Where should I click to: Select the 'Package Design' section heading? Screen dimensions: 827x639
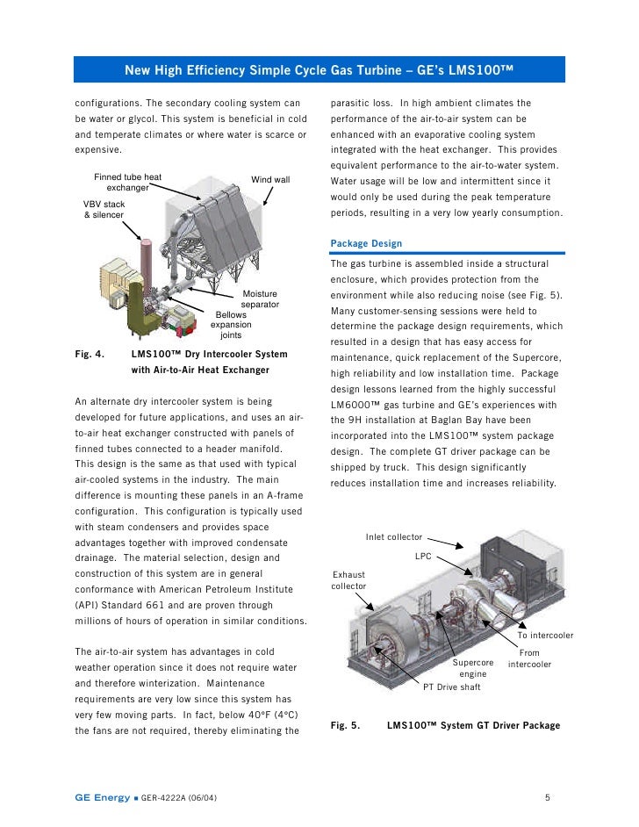click(365, 243)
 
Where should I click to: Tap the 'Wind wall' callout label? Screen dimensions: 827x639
click(270, 180)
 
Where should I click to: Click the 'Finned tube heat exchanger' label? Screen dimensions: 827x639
click(128, 183)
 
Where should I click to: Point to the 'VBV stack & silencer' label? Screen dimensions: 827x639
click(104, 209)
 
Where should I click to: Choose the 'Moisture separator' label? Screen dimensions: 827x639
click(260, 299)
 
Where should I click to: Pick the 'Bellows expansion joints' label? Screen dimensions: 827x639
click(231, 325)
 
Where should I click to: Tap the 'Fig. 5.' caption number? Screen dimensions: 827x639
click(345, 726)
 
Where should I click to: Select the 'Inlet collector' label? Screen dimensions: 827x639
click(394, 537)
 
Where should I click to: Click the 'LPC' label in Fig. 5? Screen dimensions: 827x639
click(423, 557)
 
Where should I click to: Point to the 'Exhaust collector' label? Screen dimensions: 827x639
click(348, 580)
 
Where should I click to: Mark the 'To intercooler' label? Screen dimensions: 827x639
click(545, 636)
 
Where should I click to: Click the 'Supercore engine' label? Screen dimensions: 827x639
click(473, 668)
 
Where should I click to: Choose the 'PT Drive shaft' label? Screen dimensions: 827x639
click(452, 687)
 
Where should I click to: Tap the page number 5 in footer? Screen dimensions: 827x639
click(547, 798)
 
